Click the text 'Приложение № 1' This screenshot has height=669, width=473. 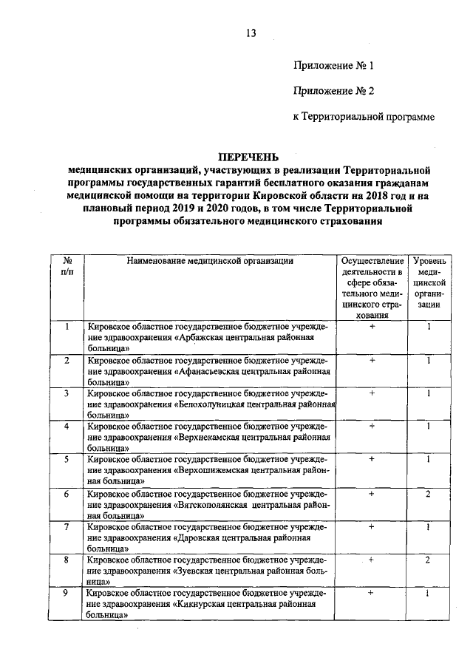(x=333, y=66)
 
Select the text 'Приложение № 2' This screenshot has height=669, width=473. (x=333, y=91)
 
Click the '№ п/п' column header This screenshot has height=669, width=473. (x=67, y=266)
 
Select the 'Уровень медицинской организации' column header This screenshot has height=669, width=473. (x=428, y=282)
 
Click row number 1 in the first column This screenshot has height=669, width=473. (x=67, y=327)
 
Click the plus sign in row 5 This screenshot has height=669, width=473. (x=372, y=460)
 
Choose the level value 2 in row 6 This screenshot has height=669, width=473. (x=428, y=493)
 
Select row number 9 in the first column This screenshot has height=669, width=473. (x=67, y=593)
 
